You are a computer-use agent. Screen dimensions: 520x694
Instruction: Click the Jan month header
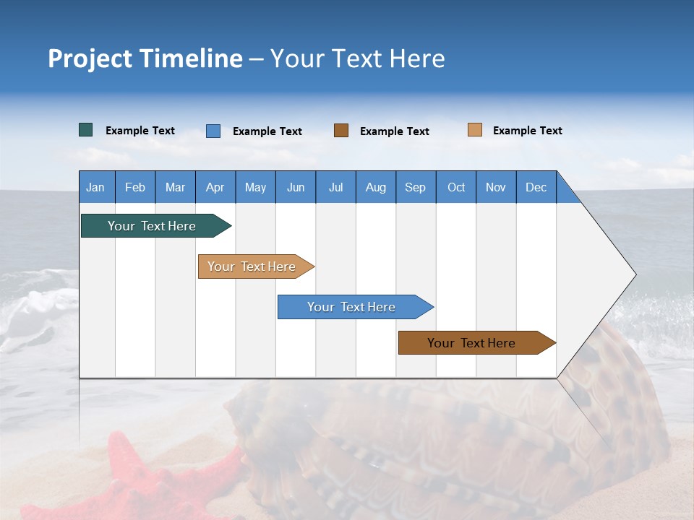(x=95, y=188)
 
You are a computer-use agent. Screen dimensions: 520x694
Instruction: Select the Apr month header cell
(x=215, y=188)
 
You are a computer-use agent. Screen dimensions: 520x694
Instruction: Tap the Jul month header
(x=335, y=188)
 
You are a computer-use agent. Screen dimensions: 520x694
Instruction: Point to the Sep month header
(x=415, y=188)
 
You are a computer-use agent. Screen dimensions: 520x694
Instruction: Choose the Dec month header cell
(x=536, y=188)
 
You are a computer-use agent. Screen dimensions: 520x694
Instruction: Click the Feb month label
(x=135, y=188)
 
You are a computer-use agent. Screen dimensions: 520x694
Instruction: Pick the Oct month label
(x=456, y=188)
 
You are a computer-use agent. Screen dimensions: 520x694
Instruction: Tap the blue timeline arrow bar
(x=352, y=307)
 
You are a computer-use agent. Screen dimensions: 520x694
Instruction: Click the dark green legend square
(x=85, y=130)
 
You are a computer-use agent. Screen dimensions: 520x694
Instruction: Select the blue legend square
(x=213, y=131)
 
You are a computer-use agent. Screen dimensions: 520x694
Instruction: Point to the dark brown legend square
(x=341, y=131)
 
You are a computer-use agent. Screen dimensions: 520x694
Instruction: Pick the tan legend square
(x=474, y=130)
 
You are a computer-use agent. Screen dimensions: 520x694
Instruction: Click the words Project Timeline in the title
(x=145, y=58)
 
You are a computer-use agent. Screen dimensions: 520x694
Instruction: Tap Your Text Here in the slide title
(x=357, y=58)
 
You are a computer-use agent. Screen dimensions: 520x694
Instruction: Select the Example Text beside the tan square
(x=527, y=131)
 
